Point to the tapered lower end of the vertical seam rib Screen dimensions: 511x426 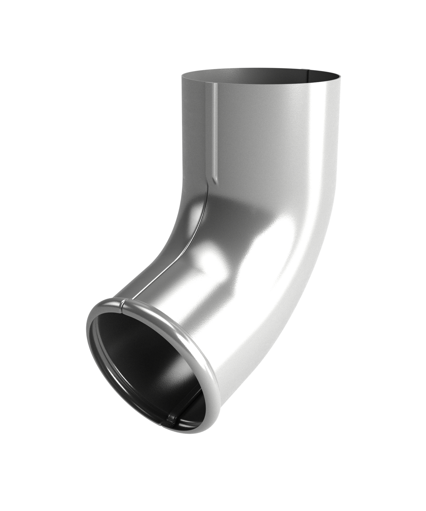tap(214, 179)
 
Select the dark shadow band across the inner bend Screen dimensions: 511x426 tap(237, 207)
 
